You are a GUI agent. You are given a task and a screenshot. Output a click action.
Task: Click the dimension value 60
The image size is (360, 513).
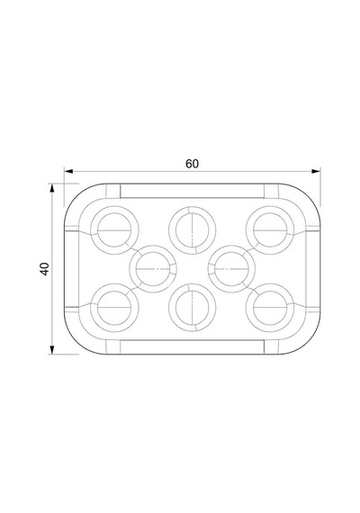192,164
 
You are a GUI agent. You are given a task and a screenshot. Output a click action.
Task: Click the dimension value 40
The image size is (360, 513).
44,269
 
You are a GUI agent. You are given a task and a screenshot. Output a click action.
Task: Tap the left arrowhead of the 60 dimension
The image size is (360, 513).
68,171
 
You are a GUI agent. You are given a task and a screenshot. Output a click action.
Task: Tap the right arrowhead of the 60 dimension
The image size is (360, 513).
316,171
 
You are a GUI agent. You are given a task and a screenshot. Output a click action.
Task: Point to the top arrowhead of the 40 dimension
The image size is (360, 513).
51,187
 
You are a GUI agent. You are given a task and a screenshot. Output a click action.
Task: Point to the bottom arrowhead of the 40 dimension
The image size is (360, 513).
51,350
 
